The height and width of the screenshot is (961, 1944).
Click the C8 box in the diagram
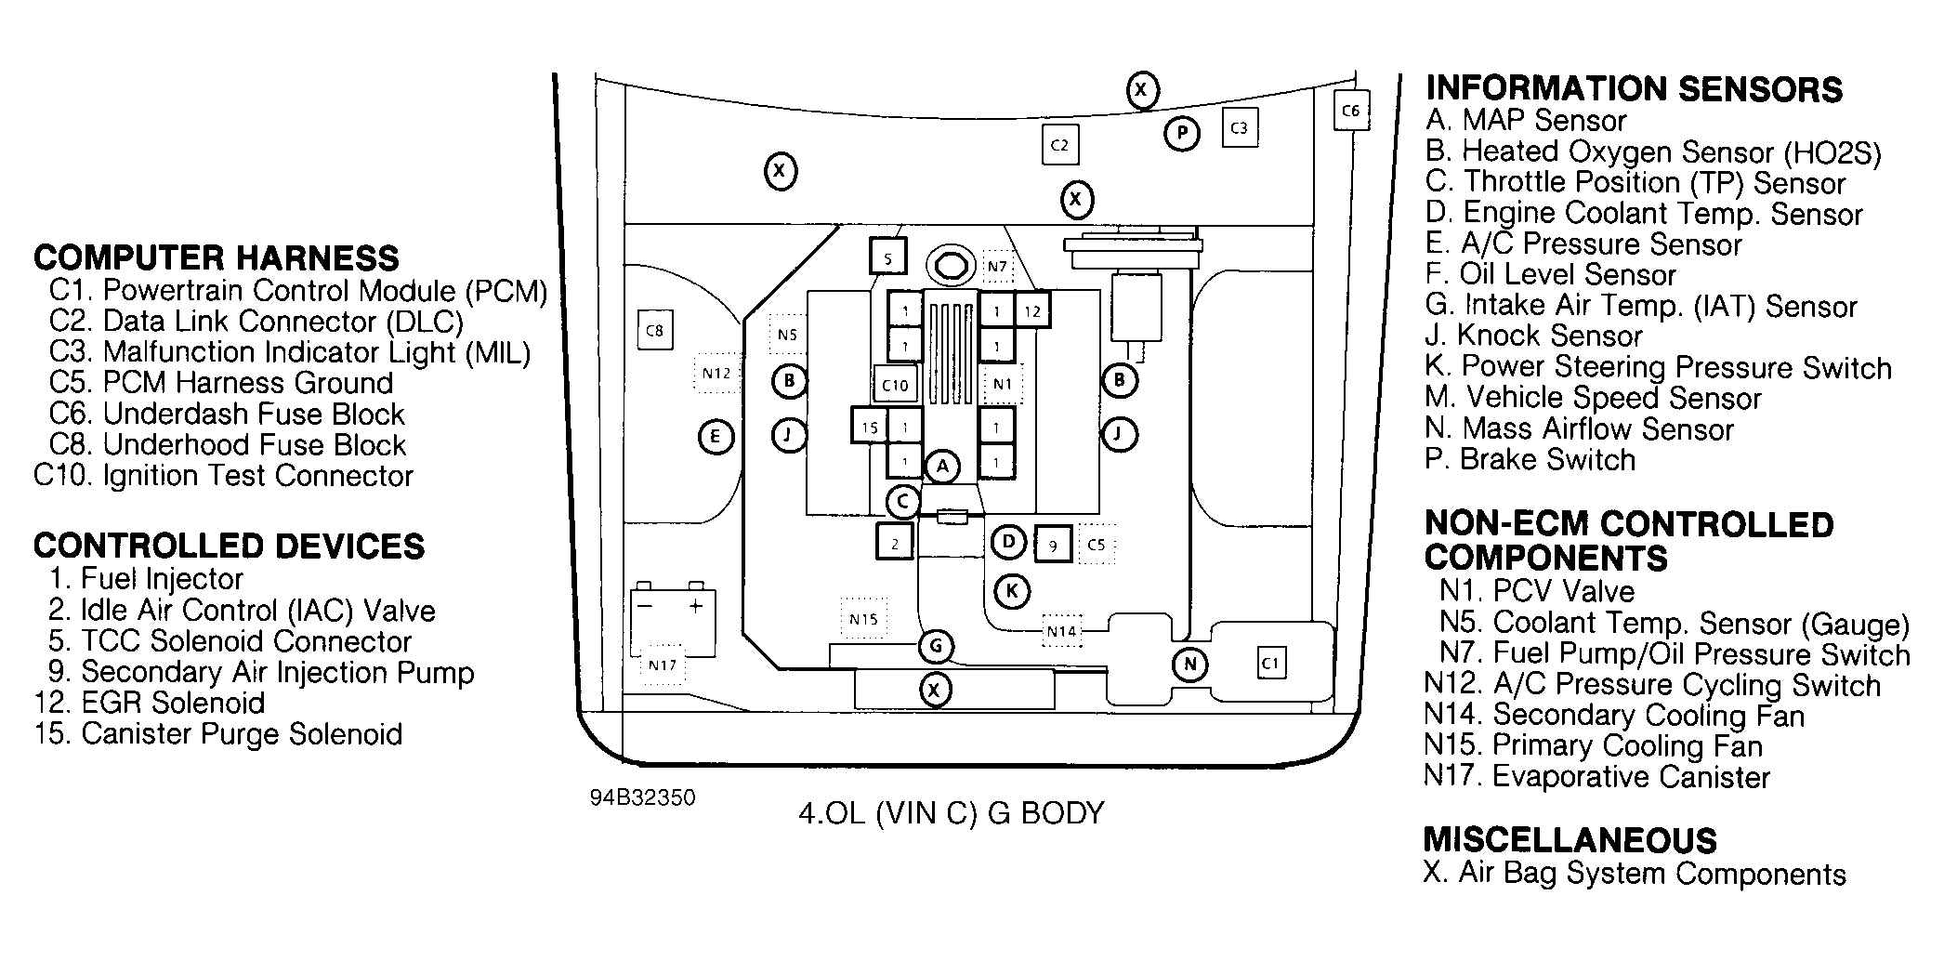tap(654, 330)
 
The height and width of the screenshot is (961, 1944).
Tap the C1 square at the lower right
tap(1271, 664)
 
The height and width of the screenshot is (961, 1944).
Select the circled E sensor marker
tap(715, 437)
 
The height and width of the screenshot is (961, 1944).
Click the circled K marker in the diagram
tap(1012, 590)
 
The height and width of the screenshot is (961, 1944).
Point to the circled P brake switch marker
tap(1181, 134)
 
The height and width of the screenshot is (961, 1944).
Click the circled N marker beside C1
tap(1189, 664)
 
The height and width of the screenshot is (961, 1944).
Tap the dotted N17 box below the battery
tap(663, 665)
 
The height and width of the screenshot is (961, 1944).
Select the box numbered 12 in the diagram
tap(1032, 311)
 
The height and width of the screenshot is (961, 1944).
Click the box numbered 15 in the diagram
tap(870, 428)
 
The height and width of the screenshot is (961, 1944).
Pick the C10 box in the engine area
tap(895, 385)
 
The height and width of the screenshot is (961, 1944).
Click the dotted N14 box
tap(1061, 631)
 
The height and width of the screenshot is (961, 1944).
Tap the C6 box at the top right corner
tap(1350, 111)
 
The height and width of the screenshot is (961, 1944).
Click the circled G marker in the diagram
tap(936, 646)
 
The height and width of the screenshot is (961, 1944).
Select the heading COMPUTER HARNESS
tap(217, 257)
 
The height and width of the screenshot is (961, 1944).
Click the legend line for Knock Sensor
tap(1534, 336)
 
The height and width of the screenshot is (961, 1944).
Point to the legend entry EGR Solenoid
tap(150, 703)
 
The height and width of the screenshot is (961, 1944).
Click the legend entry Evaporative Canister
tap(1596, 776)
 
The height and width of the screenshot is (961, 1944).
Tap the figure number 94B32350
tap(642, 798)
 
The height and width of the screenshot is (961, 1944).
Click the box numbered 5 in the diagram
tap(887, 258)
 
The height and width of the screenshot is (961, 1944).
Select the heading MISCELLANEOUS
tap(1570, 840)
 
